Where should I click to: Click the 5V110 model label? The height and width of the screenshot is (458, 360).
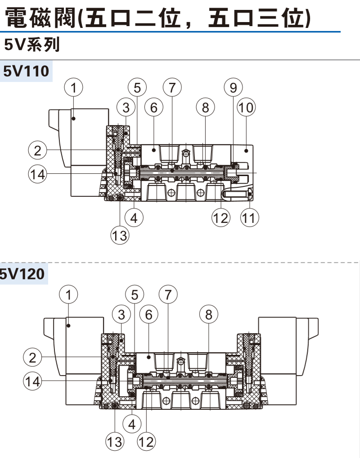26,71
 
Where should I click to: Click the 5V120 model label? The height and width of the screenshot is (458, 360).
22,274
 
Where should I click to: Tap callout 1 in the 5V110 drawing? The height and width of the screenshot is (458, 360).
73,88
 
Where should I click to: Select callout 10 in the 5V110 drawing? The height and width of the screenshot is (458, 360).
246,107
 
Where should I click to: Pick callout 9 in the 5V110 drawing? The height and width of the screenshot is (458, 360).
233,88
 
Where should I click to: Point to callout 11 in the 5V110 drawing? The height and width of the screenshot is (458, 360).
249,218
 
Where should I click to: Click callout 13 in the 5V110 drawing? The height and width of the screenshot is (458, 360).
120,236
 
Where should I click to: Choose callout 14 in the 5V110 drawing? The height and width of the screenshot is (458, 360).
37,174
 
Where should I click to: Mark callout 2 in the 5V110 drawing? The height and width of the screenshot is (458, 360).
37,150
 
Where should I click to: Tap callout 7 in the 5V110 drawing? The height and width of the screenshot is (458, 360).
172,88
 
